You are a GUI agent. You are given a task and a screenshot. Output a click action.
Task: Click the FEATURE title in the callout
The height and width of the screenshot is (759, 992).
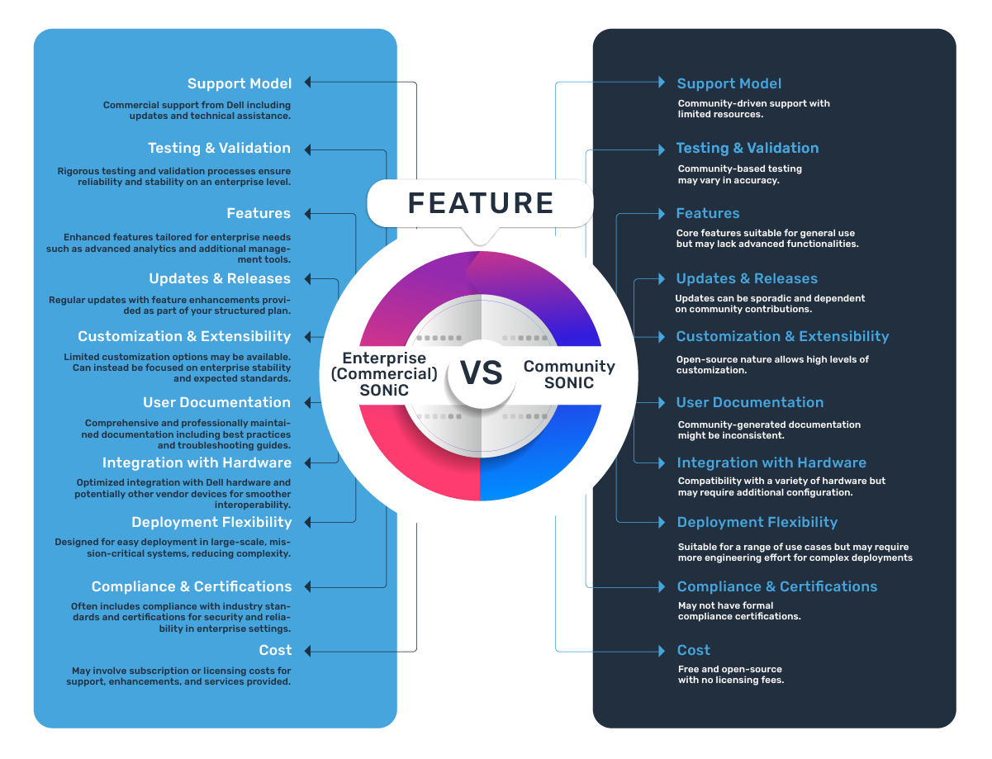pos(481,203)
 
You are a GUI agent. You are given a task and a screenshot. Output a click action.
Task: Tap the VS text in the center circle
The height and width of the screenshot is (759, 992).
pos(481,373)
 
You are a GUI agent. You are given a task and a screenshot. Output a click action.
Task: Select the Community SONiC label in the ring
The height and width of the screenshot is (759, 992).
pos(569,374)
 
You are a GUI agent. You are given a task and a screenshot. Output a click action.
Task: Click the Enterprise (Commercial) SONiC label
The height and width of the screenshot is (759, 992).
pos(384,374)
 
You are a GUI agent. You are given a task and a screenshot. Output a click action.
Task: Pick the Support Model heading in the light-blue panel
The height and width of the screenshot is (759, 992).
pos(240,83)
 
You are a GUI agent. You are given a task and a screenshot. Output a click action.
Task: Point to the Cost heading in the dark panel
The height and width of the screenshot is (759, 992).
pos(694,650)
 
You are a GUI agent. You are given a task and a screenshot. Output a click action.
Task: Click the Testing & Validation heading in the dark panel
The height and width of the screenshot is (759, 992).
pos(748,148)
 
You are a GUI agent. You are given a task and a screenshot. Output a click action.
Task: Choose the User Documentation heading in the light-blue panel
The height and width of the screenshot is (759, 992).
pos(216,402)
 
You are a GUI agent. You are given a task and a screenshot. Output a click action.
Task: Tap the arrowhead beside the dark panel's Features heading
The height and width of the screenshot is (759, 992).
pos(661,213)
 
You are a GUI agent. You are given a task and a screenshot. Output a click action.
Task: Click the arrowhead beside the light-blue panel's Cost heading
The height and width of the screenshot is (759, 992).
pos(308,650)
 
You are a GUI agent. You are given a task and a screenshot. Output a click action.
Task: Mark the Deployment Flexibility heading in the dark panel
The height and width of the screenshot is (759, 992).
pos(757,522)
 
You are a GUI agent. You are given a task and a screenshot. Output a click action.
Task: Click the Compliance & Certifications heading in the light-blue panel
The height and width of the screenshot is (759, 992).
pos(192,586)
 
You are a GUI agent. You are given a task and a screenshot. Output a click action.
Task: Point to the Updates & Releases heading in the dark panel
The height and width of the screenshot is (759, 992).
pos(747,278)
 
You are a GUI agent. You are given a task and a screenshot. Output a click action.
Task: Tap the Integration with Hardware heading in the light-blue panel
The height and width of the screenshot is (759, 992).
pos(197,463)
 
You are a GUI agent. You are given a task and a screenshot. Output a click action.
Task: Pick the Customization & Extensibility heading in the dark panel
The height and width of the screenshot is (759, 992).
pos(782,336)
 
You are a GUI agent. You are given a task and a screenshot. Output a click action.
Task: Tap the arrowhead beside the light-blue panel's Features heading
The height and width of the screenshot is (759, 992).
pos(308,213)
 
